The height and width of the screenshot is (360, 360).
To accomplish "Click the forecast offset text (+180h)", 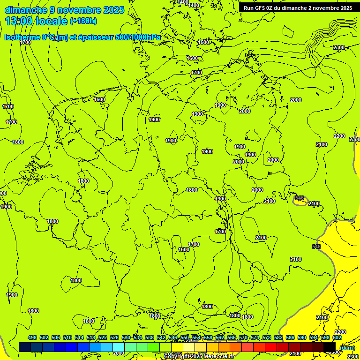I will tap(83, 21).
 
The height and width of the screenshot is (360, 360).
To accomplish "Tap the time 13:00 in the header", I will tap(18, 21).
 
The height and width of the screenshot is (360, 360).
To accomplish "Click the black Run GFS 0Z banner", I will tap(298, 7).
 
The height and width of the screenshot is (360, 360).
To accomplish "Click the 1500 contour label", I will tap(203, 42).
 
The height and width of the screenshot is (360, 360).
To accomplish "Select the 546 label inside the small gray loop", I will tap(300, 198).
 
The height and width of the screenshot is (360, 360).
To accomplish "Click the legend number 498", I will tap(32, 337).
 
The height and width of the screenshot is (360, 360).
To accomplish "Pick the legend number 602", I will tap(337, 337).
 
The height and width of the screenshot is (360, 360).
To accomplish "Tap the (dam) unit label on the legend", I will tap(347, 347).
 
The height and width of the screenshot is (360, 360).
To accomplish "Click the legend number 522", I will tap(103, 337).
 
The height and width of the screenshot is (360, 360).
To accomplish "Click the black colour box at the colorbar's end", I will tap(330, 347).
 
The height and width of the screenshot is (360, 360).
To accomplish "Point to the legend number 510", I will tap(67, 337).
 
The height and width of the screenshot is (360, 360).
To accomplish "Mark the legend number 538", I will tap(150, 337).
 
